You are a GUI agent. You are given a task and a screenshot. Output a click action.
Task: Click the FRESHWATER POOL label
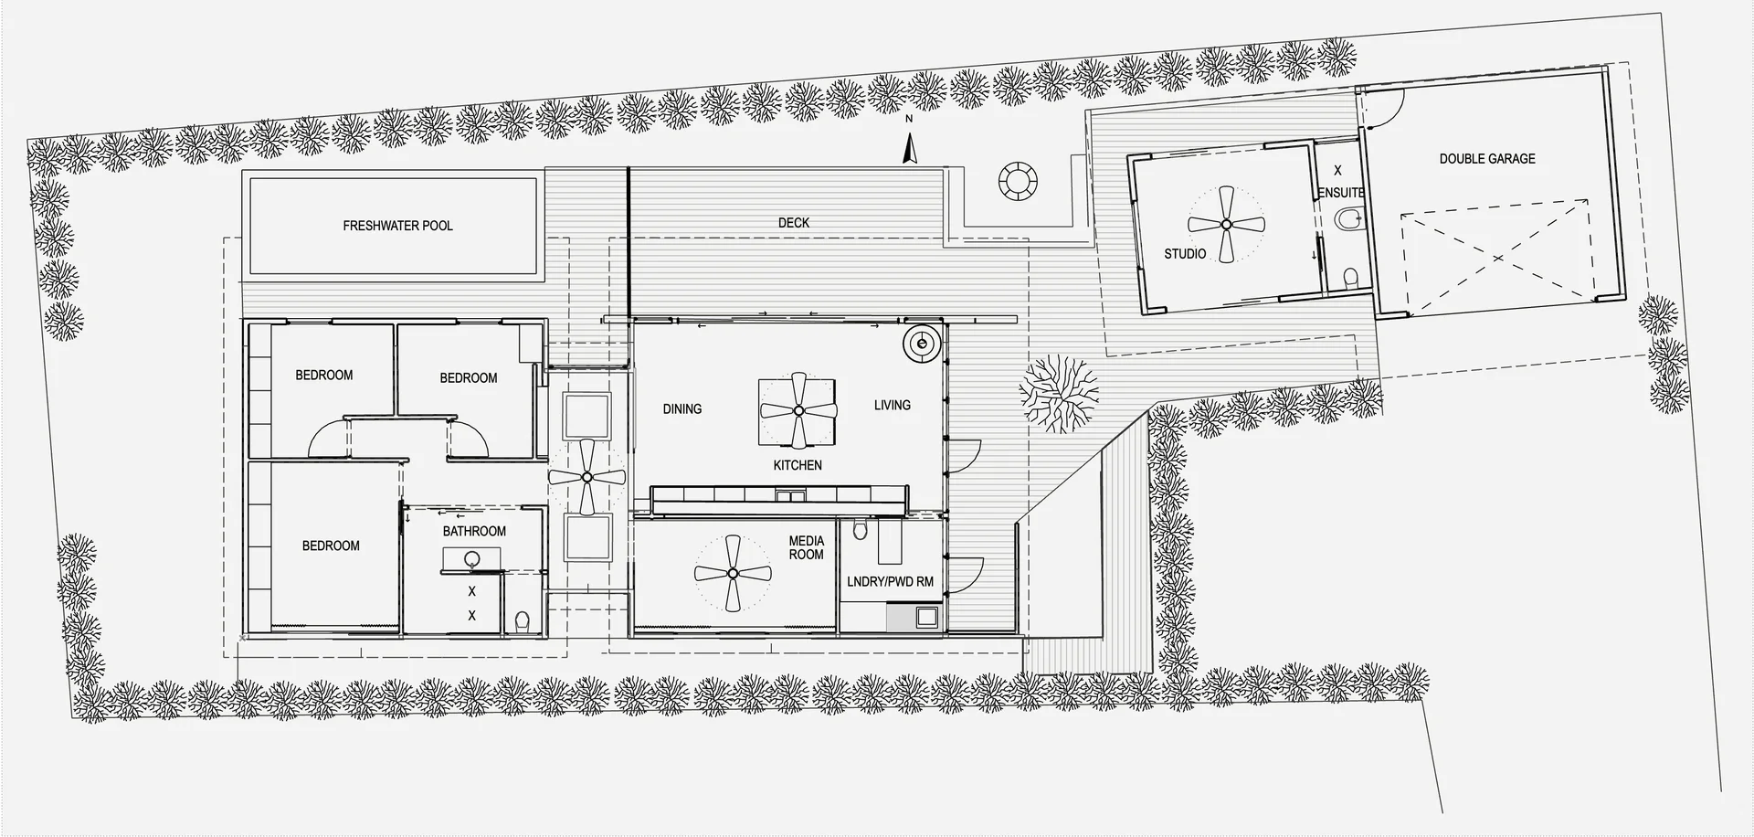(x=397, y=226)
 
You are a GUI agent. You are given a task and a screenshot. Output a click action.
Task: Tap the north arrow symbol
(x=909, y=149)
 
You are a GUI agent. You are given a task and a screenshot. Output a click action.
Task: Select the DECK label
(x=794, y=222)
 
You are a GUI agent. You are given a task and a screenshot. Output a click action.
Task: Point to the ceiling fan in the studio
(x=1226, y=224)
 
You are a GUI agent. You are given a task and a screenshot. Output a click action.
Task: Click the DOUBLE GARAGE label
(x=1487, y=159)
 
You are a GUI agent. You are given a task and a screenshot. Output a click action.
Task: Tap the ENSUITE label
(x=1341, y=193)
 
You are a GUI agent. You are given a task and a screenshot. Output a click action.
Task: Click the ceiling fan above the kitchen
(x=798, y=410)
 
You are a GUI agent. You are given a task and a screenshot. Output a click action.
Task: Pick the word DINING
(x=682, y=409)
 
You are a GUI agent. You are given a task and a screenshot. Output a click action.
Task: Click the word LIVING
(x=892, y=405)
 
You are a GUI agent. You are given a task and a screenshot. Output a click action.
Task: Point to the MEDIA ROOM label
(x=806, y=547)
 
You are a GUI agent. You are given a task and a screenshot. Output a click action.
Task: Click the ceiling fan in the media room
(x=732, y=574)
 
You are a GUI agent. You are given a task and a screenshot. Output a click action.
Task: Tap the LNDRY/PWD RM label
(x=890, y=582)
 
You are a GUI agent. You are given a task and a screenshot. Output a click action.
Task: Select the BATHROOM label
(x=474, y=531)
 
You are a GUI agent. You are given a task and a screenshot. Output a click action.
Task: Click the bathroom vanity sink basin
(x=472, y=559)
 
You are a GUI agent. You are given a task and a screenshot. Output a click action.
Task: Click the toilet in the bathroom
(x=522, y=622)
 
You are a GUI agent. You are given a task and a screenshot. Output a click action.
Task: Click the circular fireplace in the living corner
(x=923, y=344)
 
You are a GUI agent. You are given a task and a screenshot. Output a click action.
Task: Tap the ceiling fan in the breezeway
(x=586, y=476)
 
